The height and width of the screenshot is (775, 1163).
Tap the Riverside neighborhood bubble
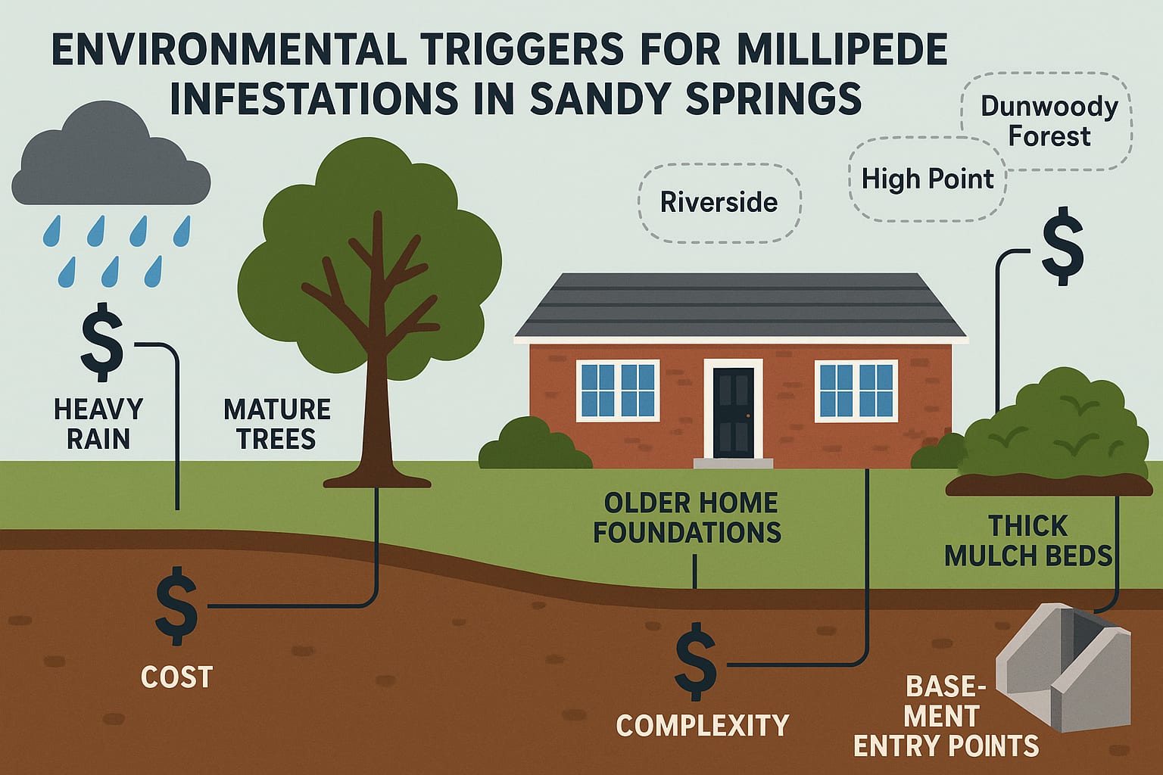pyautogui.click(x=719, y=202)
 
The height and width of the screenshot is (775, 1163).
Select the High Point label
pyautogui.click(x=927, y=179)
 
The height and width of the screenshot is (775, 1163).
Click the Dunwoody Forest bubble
pyautogui.click(x=1049, y=121)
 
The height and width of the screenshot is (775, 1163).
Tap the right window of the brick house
pyautogui.click(x=856, y=391)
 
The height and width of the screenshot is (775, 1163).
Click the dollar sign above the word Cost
pyautogui.click(x=176, y=605)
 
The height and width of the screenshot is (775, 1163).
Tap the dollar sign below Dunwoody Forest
pyautogui.click(x=1062, y=247)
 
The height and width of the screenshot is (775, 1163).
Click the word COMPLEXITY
pyautogui.click(x=702, y=726)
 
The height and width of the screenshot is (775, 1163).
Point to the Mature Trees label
pyautogui.click(x=277, y=424)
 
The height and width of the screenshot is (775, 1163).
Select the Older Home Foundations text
pyautogui.click(x=687, y=518)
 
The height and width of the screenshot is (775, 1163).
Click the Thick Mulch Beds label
pyautogui.click(x=1027, y=540)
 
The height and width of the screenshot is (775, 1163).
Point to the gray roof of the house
pyautogui.click(x=740, y=307)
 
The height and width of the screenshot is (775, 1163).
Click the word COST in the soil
pyautogui.click(x=176, y=677)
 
